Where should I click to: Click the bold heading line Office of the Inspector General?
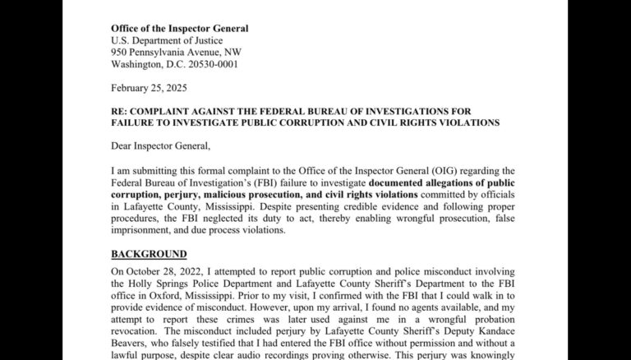tap(179, 29)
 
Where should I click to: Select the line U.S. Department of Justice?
tap(167, 40)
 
